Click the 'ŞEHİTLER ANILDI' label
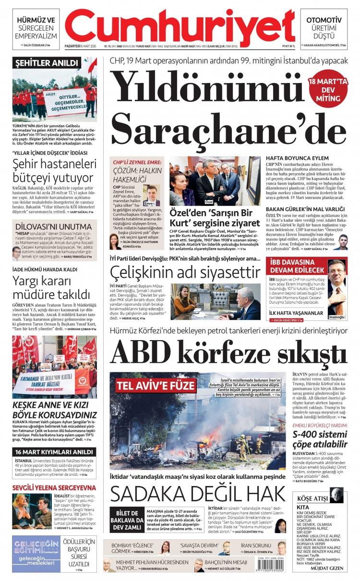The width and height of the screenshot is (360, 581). tap(46, 63)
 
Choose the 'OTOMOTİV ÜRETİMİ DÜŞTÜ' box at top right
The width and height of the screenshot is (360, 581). tap(324, 27)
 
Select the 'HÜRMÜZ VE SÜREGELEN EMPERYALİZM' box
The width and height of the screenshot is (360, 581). tap(36, 28)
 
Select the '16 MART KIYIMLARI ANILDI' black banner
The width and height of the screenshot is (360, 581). tap(53, 452)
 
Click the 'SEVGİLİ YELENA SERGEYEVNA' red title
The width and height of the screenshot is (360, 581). tap(54, 488)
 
